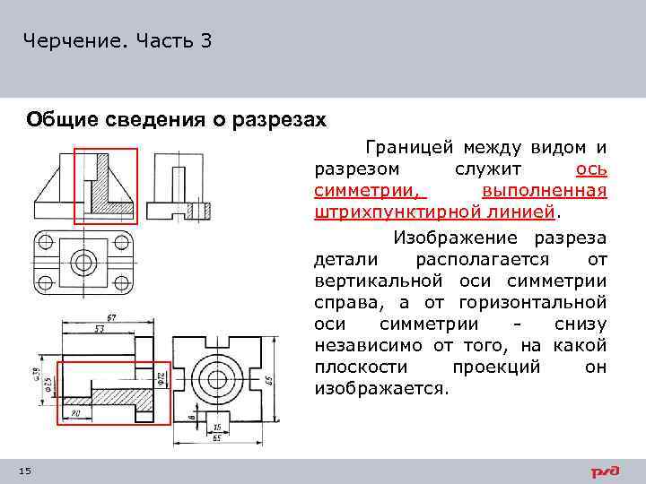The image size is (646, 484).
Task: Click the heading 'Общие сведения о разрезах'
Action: click(x=176, y=120)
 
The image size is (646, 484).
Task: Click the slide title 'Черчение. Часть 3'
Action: click(x=118, y=41)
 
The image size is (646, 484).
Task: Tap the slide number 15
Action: click(x=25, y=471)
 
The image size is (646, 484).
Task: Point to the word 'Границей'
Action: click(x=402, y=147)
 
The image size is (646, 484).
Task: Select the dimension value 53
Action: click(x=100, y=329)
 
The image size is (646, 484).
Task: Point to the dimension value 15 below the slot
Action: click(x=218, y=427)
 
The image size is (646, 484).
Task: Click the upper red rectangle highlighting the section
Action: click(x=105, y=185)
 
